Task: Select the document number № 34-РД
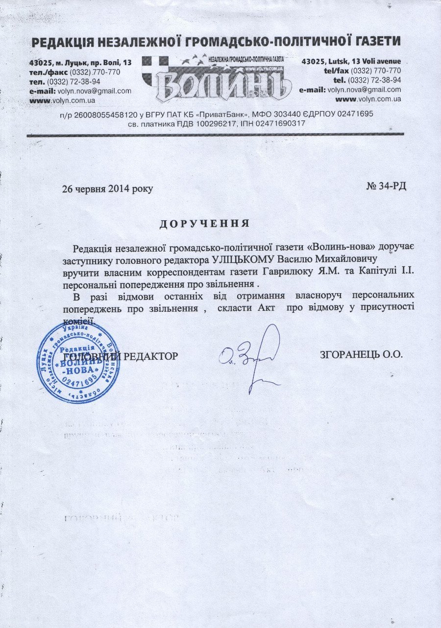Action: pyautogui.click(x=386, y=186)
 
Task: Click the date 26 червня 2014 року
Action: pyautogui.click(x=107, y=188)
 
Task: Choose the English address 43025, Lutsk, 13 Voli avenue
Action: pyautogui.click(x=351, y=61)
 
